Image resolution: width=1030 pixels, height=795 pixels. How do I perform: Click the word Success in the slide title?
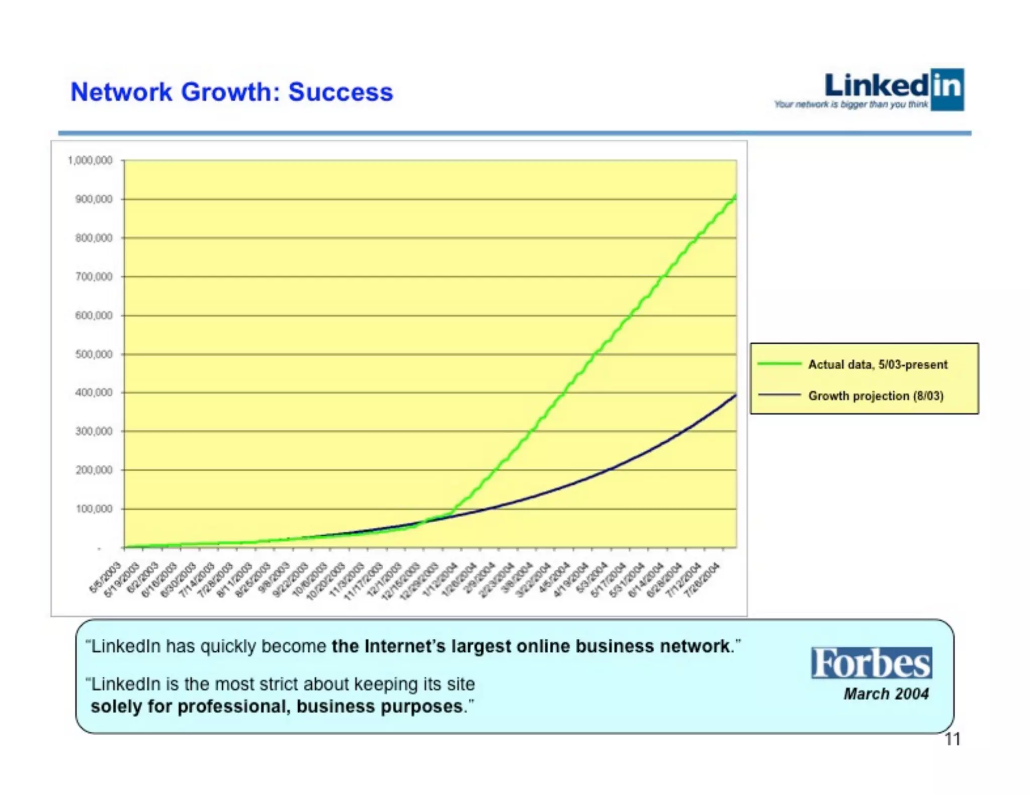(340, 92)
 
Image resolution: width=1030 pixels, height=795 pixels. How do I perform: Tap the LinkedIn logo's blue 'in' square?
(947, 89)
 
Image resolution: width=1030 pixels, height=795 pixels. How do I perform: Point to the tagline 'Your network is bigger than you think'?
(850, 105)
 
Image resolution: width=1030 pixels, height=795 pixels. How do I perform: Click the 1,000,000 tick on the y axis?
(90, 160)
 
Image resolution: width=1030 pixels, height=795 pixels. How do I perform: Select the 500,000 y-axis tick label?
(94, 354)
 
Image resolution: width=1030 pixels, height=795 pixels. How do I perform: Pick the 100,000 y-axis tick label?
(94, 509)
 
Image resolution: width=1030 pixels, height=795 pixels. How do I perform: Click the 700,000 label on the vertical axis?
(94, 277)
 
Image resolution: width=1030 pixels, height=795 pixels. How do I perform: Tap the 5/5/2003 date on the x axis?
(105, 578)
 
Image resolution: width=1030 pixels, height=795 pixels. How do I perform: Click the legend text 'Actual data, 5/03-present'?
(878, 364)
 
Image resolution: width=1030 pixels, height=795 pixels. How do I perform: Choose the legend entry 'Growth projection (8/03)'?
(876, 396)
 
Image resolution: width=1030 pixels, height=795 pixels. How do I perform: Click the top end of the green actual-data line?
(735, 195)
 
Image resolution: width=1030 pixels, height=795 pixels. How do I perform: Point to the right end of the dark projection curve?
(735, 395)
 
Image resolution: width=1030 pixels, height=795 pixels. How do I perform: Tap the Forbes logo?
(871, 663)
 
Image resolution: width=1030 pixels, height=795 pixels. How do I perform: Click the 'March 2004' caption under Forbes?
(886, 694)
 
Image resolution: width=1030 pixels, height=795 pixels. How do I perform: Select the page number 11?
(953, 739)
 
